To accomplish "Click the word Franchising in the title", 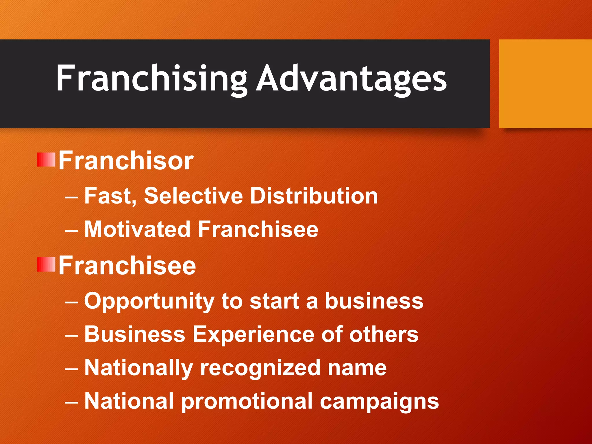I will pyautogui.click(x=151, y=79).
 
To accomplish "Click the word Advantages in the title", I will pyautogui.click(x=352, y=79).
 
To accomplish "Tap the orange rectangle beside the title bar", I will pyautogui.click(x=545, y=84).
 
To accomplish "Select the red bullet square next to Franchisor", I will pyautogui.click(x=46, y=160).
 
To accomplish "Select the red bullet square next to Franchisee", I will pyautogui.click(x=46, y=264).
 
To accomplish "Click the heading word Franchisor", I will pyautogui.click(x=126, y=161).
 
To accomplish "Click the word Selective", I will pyautogui.click(x=193, y=196).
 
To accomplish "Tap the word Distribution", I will pyautogui.click(x=314, y=196).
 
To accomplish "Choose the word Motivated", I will pyautogui.click(x=137, y=230).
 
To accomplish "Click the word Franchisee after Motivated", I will pyautogui.click(x=258, y=230).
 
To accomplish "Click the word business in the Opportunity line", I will pyautogui.click(x=374, y=301).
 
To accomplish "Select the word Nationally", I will pyautogui.click(x=138, y=368).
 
